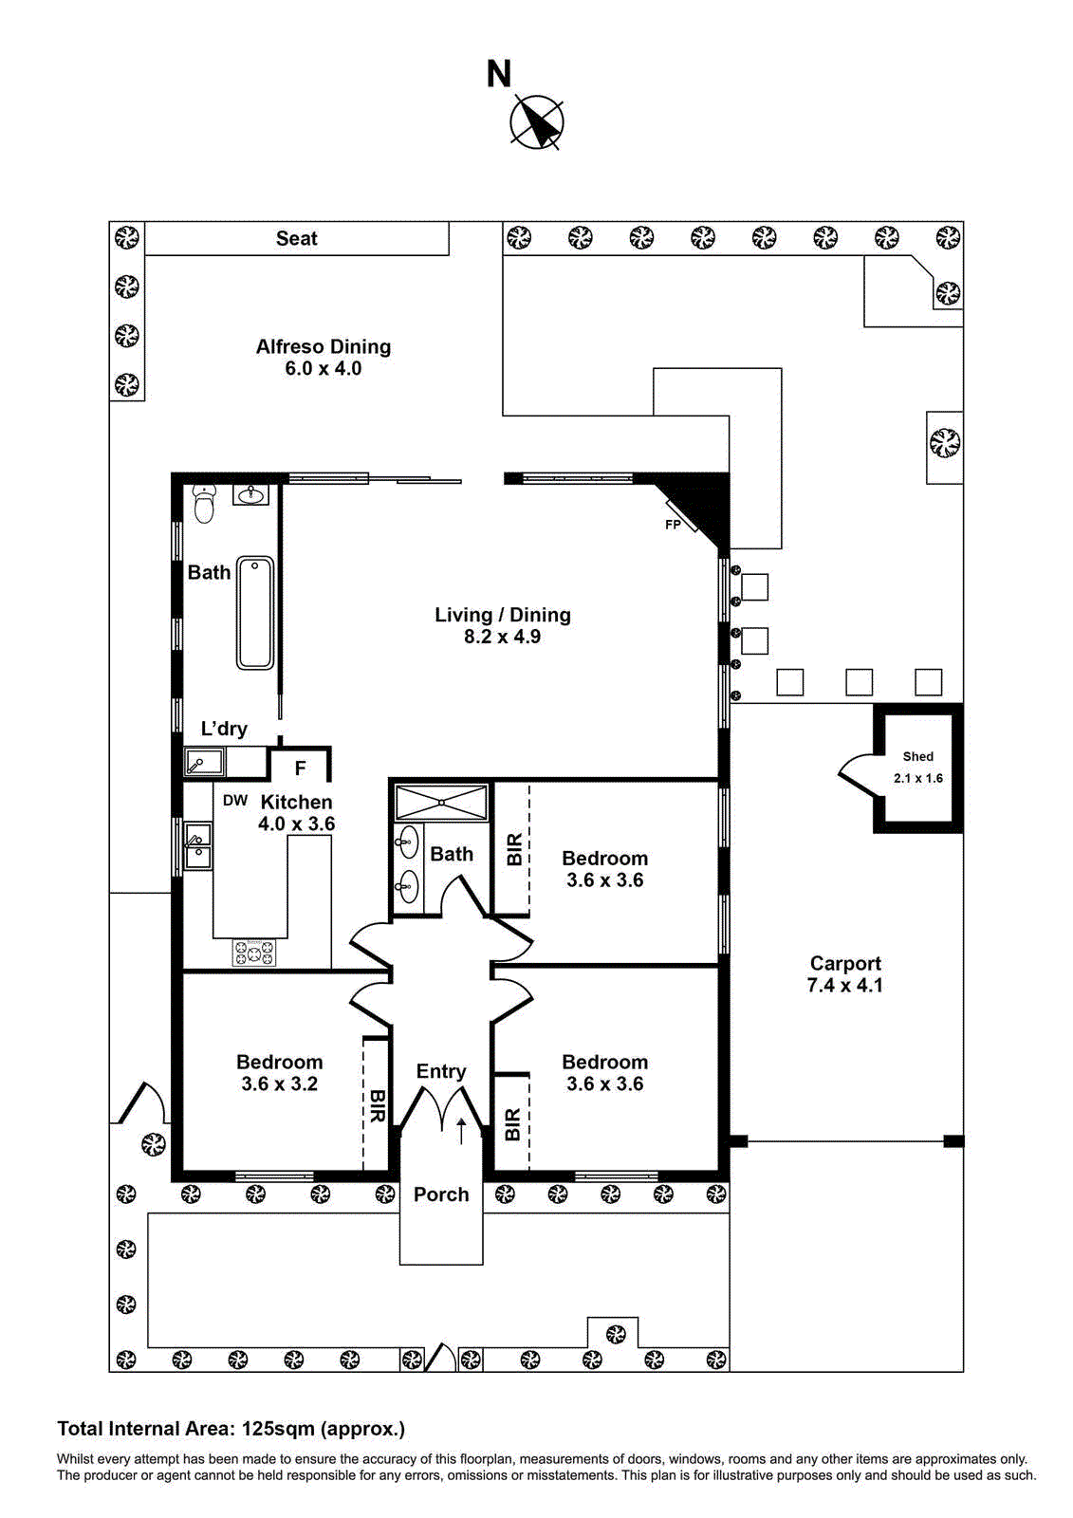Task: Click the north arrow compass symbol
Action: click(x=537, y=122)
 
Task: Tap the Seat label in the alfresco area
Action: click(x=296, y=239)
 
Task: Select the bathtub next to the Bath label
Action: click(x=255, y=613)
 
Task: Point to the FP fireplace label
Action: click(x=673, y=525)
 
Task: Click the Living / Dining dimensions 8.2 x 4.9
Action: click(x=502, y=638)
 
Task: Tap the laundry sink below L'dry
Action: click(x=204, y=762)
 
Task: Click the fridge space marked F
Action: click(x=300, y=768)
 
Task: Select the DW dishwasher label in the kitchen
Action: click(x=235, y=801)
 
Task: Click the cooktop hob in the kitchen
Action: click(x=254, y=952)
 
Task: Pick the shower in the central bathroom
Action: click(x=441, y=803)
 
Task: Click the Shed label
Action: click(x=917, y=756)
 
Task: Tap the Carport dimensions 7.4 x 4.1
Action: click(x=844, y=986)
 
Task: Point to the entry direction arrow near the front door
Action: click(x=461, y=1130)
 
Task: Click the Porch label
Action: click(x=441, y=1194)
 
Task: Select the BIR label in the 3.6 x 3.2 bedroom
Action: click(x=377, y=1106)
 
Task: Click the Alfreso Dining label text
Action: click(x=323, y=347)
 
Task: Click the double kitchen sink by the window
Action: click(x=197, y=846)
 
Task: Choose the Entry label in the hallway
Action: click(x=441, y=1071)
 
